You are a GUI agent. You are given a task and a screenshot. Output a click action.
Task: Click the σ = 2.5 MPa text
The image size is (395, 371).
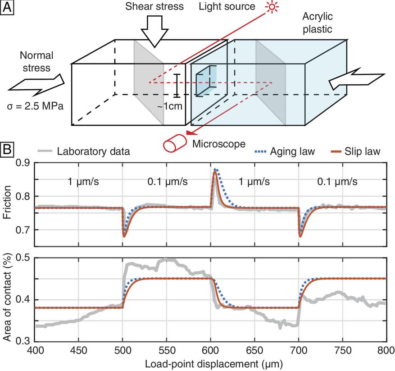coord(35,106)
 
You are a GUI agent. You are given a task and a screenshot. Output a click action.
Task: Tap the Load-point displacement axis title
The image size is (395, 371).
coord(210,362)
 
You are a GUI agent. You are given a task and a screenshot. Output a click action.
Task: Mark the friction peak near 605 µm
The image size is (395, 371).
coord(215,170)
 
